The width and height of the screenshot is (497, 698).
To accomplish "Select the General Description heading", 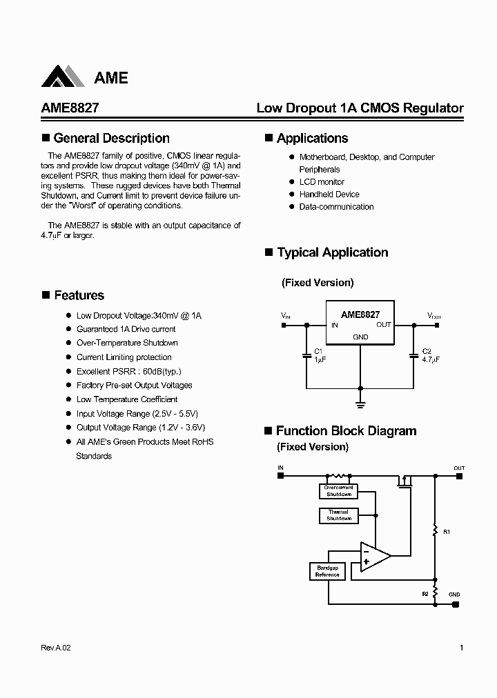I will [110, 138].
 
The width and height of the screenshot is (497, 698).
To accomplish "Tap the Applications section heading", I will [312, 138].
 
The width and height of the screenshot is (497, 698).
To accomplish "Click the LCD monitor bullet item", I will [321, 182].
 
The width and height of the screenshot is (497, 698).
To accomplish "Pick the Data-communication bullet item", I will [336, 207].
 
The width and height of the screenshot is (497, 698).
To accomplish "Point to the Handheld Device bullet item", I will [329, 195].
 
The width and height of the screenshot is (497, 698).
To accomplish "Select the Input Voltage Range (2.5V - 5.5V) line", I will [137, 414].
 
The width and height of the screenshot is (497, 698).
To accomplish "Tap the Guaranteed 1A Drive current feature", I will [126, 329].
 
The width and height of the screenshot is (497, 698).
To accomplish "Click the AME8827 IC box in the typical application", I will [360, 322].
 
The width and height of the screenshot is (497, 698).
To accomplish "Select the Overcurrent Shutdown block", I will [338, 491].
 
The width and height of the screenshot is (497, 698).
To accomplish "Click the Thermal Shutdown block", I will [338, 515].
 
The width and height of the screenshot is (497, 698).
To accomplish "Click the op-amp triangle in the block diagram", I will [373, 557].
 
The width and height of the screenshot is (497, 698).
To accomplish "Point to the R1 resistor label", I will [447, 532].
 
